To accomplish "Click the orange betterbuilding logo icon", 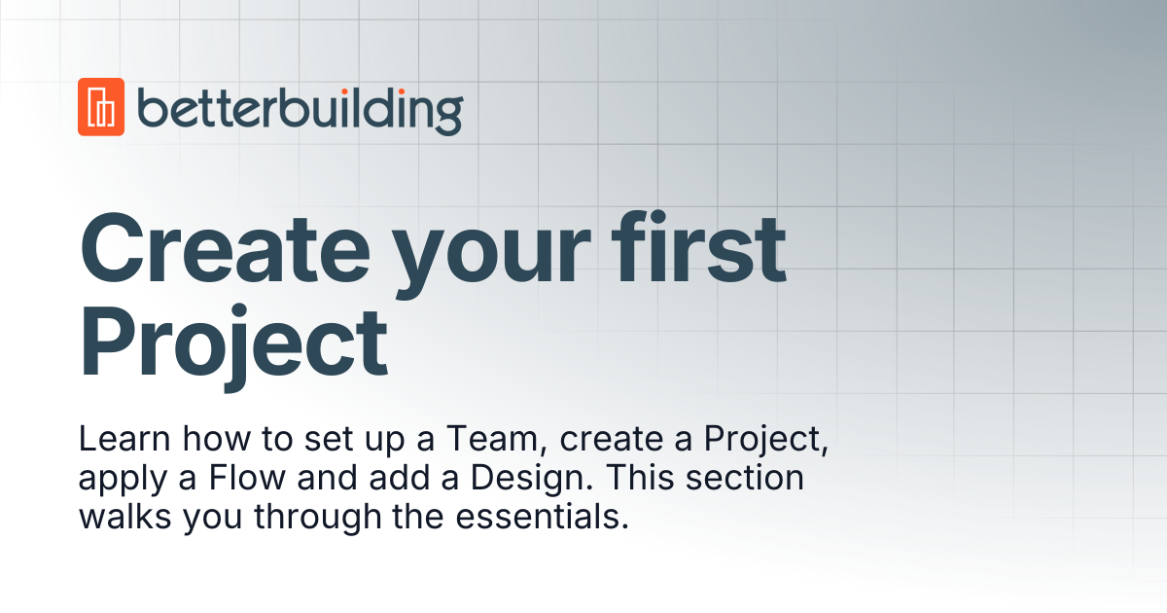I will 101,106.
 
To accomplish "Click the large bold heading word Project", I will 233,342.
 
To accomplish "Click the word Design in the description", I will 495,479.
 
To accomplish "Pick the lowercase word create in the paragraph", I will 614,441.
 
